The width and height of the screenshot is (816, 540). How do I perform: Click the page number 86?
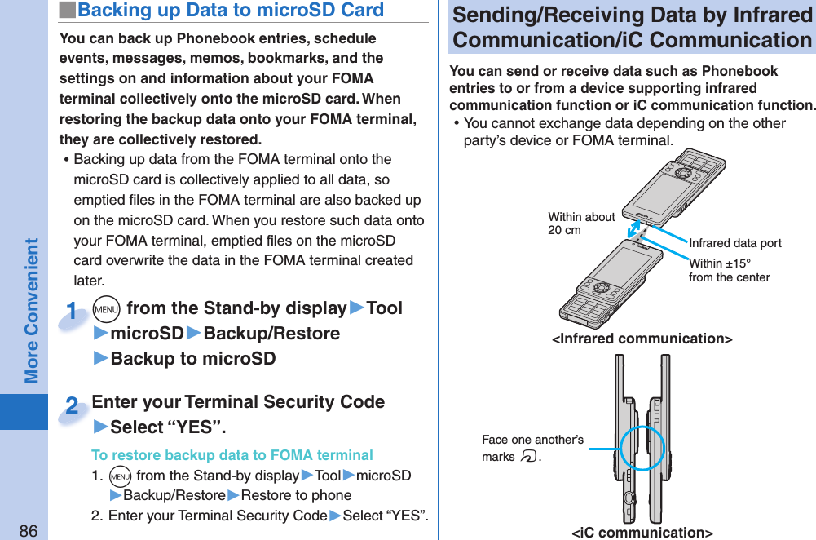[28, 530]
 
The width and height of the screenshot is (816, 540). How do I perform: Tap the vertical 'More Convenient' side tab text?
[31, 310]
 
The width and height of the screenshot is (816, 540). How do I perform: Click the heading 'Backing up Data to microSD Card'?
[230, 11]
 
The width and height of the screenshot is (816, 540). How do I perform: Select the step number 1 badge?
[73, 312]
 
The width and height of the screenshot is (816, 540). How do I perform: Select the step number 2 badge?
[73, 405]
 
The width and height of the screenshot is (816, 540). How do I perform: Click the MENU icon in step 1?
[107, 309]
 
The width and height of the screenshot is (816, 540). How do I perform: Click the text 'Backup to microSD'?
[192, 359]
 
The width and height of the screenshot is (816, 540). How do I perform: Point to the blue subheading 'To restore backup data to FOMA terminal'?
[232, 455]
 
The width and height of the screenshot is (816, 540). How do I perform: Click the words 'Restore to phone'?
[296, 495]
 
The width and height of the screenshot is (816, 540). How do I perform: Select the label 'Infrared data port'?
[734, 243]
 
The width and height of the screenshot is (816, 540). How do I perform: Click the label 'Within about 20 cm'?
[580, 224]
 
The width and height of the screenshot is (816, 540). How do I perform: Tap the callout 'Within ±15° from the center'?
[728, 270]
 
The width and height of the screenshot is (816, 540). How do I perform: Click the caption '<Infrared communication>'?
[642, 339]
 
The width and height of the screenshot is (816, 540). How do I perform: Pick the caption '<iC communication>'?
[642, 533]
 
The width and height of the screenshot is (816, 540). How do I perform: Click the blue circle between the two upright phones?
[642, 448]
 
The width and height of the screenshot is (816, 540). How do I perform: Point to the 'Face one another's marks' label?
[532, 449]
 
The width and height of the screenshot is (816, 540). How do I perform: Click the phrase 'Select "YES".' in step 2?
[168, 427]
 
